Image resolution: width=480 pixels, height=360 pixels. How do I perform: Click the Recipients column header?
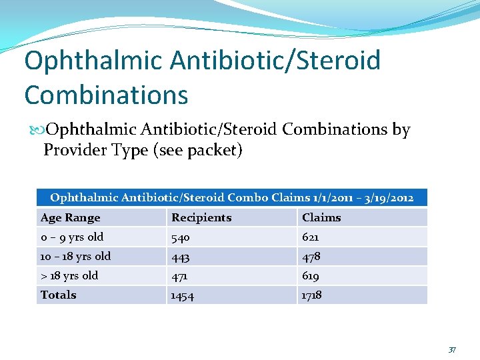point(201,217)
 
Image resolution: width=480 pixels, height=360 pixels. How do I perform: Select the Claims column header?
point(321,217)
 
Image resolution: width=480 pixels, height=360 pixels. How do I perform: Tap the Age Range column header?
point(70,217)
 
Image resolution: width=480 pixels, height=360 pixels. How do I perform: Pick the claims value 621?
point(311,237)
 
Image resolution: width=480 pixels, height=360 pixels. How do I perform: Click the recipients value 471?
point(181,276)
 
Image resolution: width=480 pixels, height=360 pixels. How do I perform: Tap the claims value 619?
point(311,276)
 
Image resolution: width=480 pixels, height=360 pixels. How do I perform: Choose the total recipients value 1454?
point(183,295)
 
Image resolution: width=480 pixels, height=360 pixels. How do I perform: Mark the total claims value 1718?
point(312,295)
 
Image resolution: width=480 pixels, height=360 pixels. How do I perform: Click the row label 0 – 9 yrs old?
point(72,237)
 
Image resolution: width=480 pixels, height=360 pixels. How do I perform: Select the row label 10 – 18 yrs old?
point(75,256)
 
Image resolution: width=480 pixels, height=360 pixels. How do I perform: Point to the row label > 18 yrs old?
point(69,275)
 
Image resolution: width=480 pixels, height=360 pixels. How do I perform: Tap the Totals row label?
point(58,295)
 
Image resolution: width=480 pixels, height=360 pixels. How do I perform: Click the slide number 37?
point(452,349)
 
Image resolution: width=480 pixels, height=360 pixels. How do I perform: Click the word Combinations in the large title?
point(107,95)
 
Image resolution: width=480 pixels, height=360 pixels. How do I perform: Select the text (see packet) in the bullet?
point(197,150)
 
